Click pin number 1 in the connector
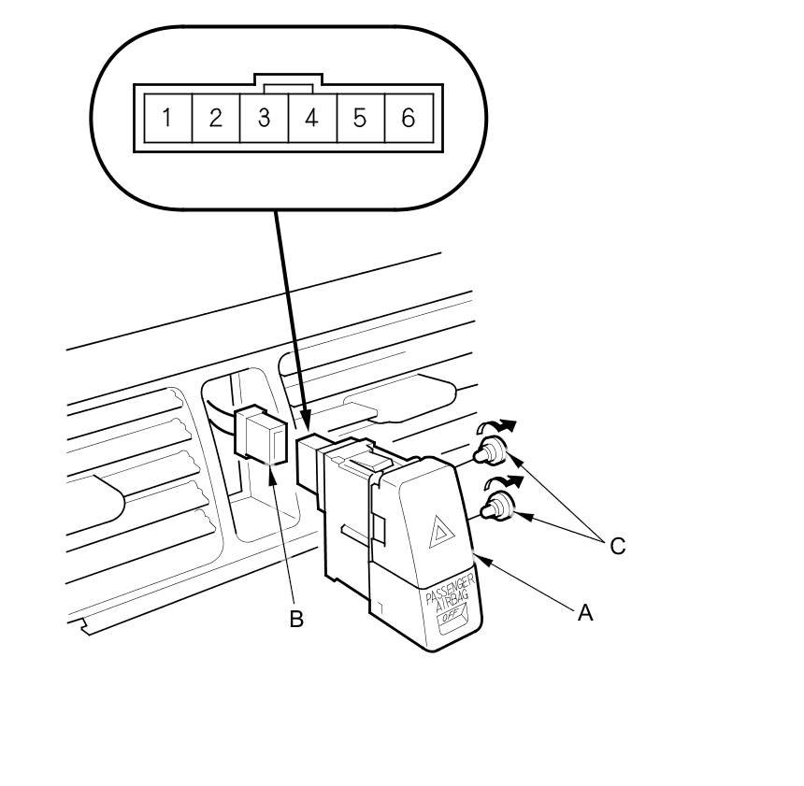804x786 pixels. click(x=166, y=119)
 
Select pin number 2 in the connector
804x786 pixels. click(x=216, y=119)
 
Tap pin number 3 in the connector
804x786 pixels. click(x=265, y=119)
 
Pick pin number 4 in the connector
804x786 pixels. click(x=312, y=119)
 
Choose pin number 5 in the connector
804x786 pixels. click(x=360, y=119)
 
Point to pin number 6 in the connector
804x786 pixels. click(x=408, y=119)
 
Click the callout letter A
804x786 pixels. click(x=585, y=612)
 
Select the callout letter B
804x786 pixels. click(x=296, y=619)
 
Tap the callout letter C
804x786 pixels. click(x=617, y=546)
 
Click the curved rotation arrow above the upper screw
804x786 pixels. click(x=495, y=427)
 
